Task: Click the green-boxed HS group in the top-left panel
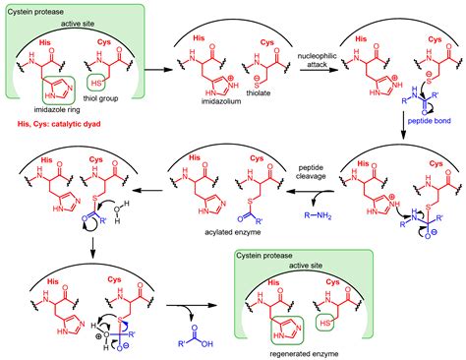(98, 82)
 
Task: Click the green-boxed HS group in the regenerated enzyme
(347, 322)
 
